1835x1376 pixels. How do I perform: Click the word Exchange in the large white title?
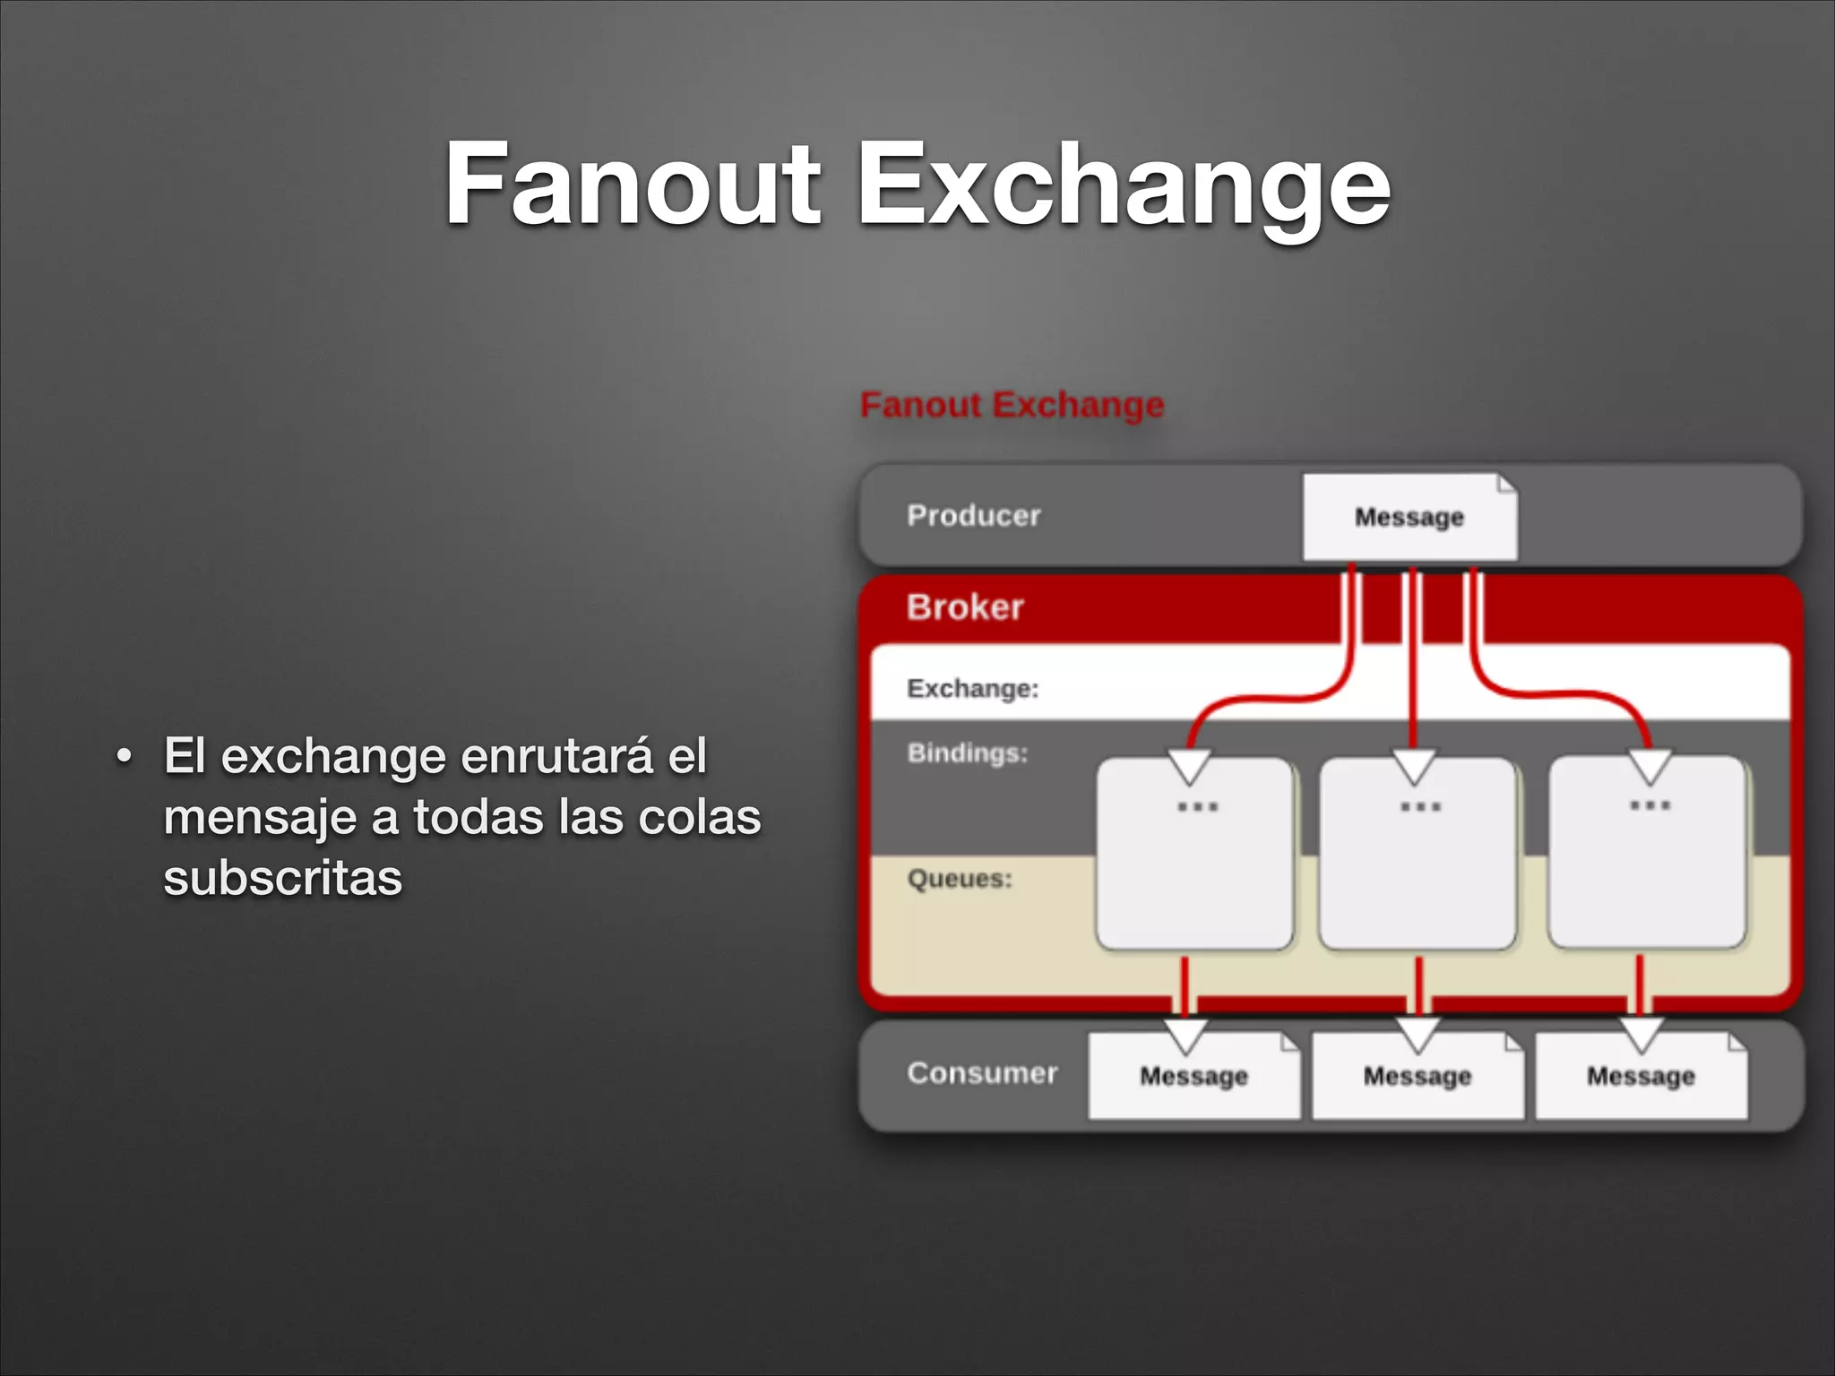click(x=1124, y=188)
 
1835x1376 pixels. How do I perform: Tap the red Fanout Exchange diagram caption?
click(x=1012, y=405)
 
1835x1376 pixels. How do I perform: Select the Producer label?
click(x=973, y=515)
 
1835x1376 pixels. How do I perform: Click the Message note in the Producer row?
click(x=1409, y=518)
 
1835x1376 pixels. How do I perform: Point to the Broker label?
click(x=964, y=607)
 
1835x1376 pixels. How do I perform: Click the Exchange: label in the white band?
click(x=972, y=688)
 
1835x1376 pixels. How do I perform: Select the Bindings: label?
click(x=967, y=752)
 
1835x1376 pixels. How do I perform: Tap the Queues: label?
click(x=960, y=878)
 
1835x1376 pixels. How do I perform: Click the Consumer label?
click(x=982, y=1072)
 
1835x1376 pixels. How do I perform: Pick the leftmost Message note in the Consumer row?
click(x=1193, y=1076)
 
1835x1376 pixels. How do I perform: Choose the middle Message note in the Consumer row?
click(x=1417, y=1076)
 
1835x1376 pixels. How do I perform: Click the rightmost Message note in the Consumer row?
click(x=1641, y=1076)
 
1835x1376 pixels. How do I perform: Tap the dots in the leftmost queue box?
click(x=1197, y=806)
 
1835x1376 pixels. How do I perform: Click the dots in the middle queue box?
click(x=1420, y=806)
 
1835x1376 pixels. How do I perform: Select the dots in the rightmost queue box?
click(x=1650, y=804)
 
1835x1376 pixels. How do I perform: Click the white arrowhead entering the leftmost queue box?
click(x=1190, y=767)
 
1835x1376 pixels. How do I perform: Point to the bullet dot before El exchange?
click(x=124, y=758)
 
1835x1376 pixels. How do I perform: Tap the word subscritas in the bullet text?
click(x=282, y=877)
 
